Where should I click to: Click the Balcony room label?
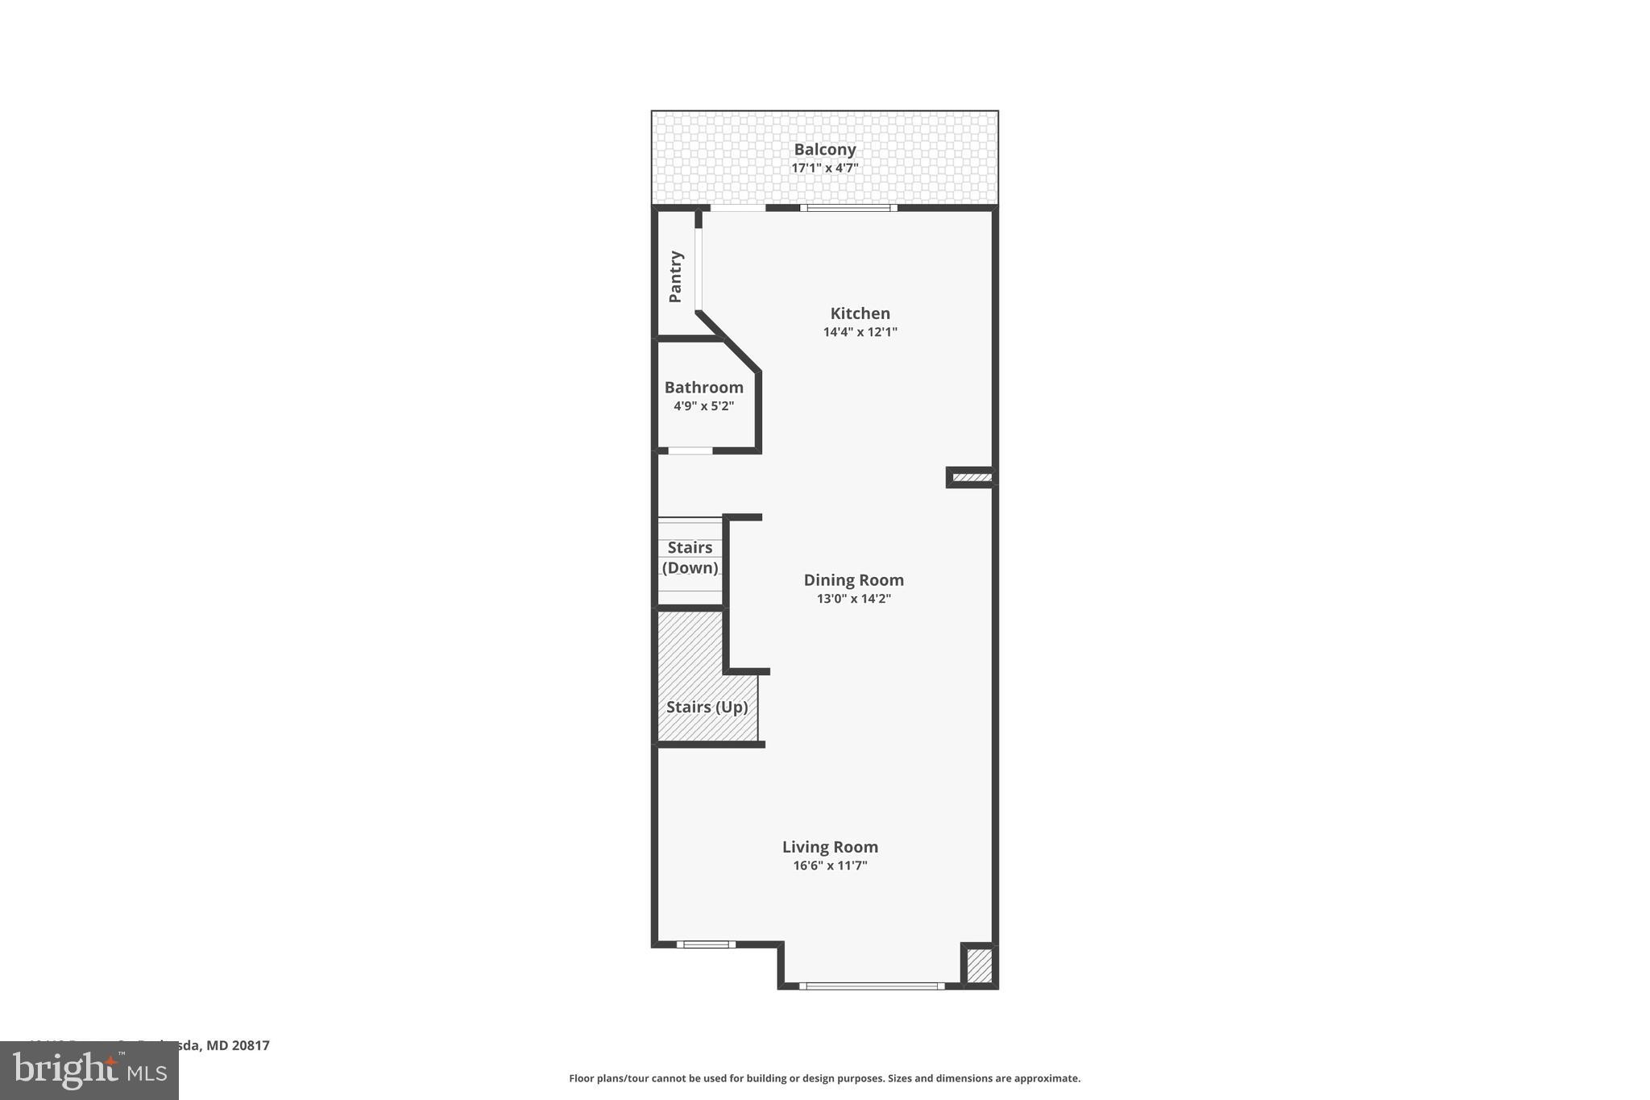coord(824,149)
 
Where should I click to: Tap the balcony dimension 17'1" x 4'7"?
coord(824,168)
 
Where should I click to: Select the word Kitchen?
coord(860,313)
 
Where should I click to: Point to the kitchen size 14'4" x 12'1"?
coord(860,332)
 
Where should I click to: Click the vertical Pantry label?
coord(675,276)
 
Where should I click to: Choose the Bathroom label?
coord(703,388)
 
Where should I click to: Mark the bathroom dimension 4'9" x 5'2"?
coord(703,406)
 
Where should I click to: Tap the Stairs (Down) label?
coord(690,558)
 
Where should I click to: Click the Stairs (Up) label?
coord(707,708)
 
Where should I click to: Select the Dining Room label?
coord(853,580)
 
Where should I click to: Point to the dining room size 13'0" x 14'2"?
coord(853,599)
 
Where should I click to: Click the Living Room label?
coord(830,847)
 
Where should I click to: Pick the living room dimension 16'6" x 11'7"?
coord(830,866)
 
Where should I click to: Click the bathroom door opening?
coord(690,450)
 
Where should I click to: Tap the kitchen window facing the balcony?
coord(848,208)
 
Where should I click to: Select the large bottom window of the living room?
coord(872,986)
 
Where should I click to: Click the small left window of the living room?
coord(706,944)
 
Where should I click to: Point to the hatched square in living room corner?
coord(979,966)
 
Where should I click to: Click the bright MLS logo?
coord(89,1071)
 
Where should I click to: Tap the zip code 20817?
coord(251,1045)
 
